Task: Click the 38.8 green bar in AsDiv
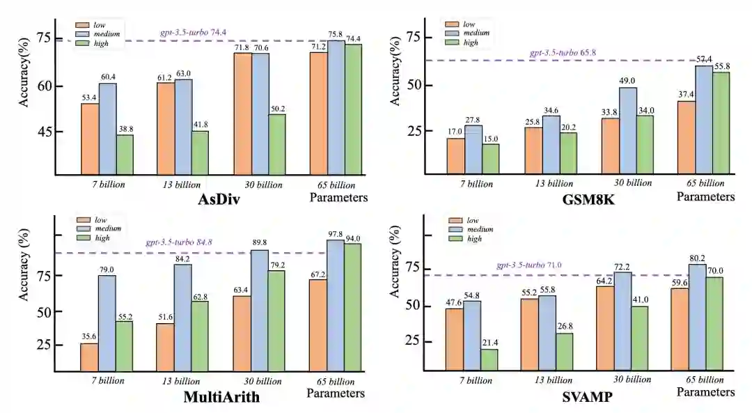(125, 154)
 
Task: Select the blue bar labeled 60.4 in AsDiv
(107, 128)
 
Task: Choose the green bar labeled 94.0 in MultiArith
(353, 307)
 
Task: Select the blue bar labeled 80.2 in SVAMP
(696, 317)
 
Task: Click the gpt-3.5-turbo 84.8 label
(178, 242)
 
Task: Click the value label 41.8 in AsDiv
(201, 124)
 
